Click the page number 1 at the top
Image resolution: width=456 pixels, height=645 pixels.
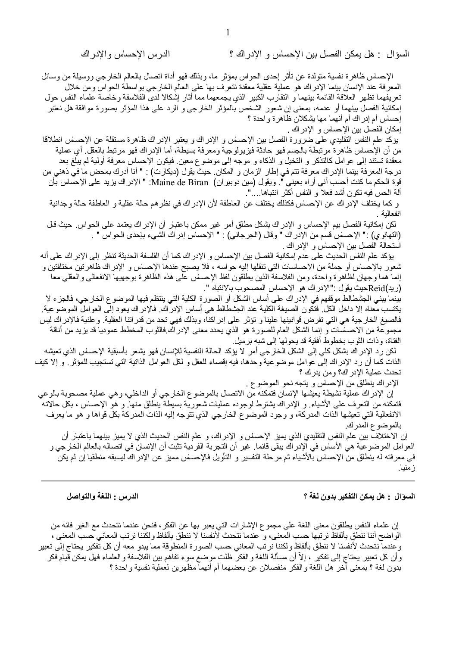228,33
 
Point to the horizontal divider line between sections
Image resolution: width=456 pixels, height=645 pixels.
228,480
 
